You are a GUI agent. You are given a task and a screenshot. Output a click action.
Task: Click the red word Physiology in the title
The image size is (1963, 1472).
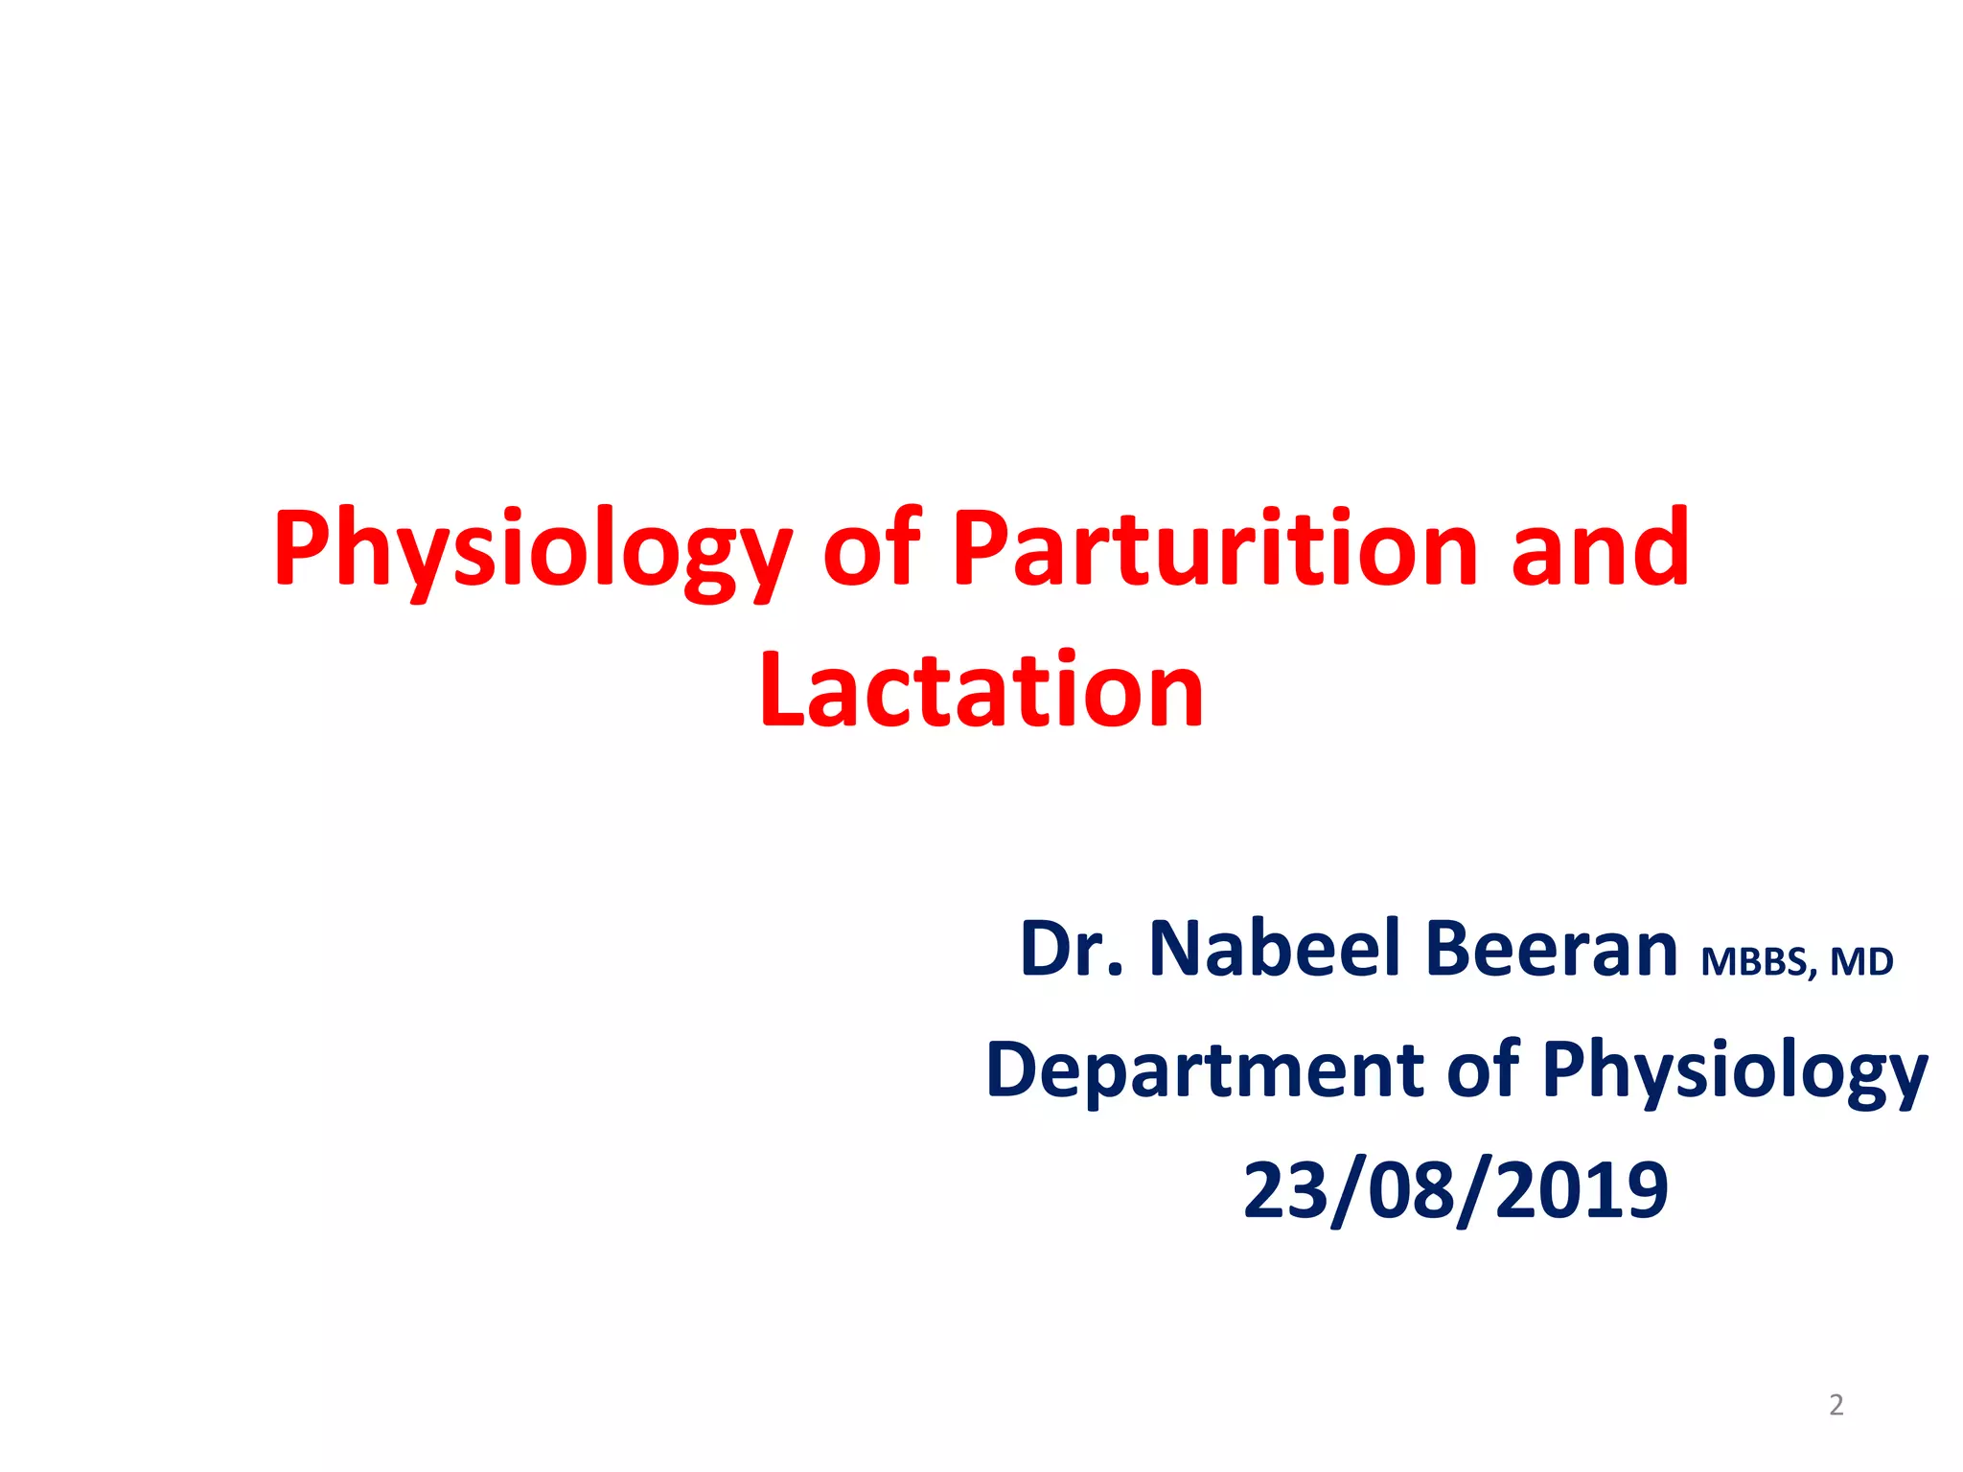pyautogui.click(x=532, y=551)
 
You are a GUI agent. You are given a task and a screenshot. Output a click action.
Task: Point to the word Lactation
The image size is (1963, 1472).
pyautogui.click(x=981, y=690)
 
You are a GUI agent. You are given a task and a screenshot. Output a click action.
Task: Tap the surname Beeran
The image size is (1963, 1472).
pyautogui.click(x=1550, y=949)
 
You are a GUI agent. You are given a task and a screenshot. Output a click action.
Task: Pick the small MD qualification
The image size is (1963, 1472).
pyautogui.click(x=1861, y=961)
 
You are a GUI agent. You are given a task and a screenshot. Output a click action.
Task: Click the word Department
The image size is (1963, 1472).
pyautogui.click(x=1203, y=1070)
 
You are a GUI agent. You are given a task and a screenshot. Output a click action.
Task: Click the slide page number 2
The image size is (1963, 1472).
pyautogui.click(x=1836, y=1405)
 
